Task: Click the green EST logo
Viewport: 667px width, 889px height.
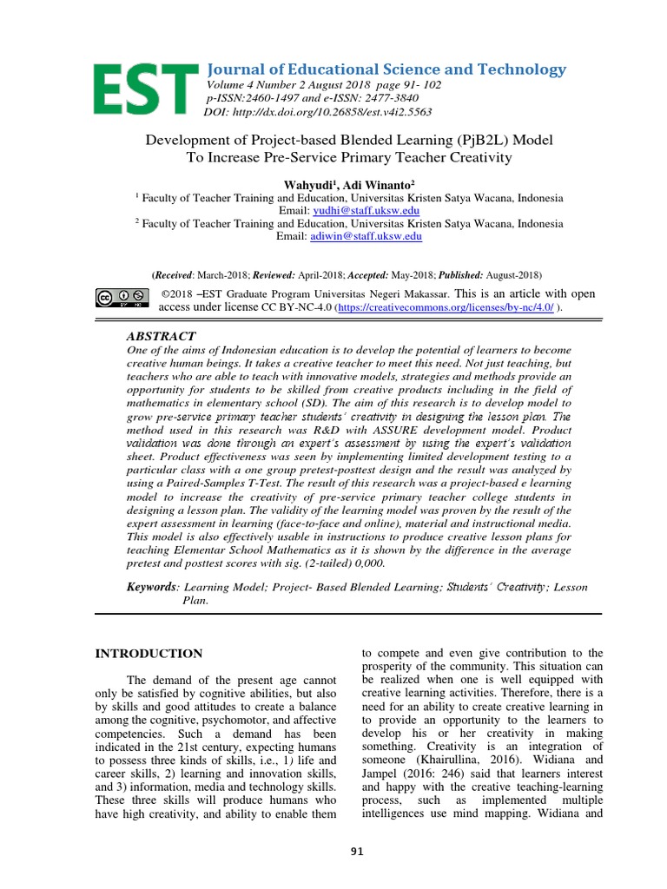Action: (145, 89)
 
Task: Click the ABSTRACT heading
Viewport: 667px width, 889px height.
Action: (162, 336)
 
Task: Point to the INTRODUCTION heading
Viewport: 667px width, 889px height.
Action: (149, 653)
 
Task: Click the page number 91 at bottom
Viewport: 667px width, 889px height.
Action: (357, 852)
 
